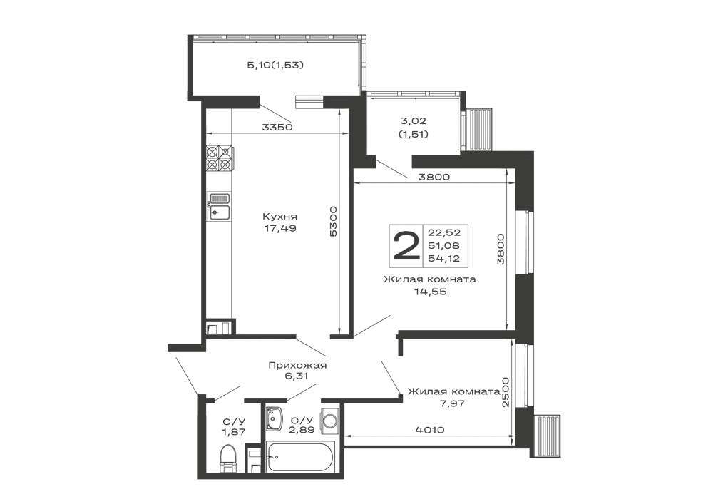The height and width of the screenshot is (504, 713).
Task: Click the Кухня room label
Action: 280,216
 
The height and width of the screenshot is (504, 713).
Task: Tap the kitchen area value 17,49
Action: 280,228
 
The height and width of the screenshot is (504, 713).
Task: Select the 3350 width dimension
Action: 277,128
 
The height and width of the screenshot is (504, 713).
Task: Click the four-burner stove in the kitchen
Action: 219,158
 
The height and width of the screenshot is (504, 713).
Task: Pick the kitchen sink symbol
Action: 219,207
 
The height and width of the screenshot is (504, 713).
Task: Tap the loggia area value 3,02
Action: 413,121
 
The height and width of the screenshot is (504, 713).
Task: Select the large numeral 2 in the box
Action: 406,245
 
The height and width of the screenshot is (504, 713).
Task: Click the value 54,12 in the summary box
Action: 444,259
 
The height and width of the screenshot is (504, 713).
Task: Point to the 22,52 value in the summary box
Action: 444,232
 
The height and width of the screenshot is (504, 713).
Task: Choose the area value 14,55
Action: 430,292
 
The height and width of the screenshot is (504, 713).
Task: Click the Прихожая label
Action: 297,365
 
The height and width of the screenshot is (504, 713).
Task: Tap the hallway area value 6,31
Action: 296,376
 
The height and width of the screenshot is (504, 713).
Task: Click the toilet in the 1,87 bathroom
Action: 228,458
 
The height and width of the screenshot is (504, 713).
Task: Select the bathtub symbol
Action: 301,457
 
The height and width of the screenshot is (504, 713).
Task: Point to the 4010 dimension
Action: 429,429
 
